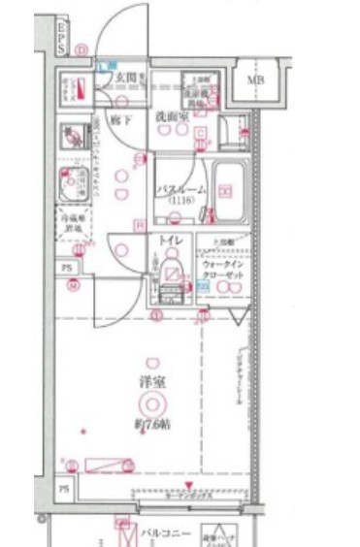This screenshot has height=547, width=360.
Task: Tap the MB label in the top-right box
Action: [x=256, y=80]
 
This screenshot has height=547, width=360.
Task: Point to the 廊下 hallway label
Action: [x=117, y=123]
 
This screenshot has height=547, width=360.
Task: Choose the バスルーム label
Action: [x=180, y=191]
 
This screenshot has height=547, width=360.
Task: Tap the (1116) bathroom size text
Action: [x=180, y=201]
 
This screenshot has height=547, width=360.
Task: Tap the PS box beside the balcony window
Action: [x=65, y=491]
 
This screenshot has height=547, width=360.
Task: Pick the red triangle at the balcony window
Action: [x=189, y=486]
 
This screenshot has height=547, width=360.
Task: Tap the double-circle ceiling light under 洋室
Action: [x=151, y=404]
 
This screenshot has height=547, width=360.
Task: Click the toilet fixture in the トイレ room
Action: [x=173, y=271]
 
